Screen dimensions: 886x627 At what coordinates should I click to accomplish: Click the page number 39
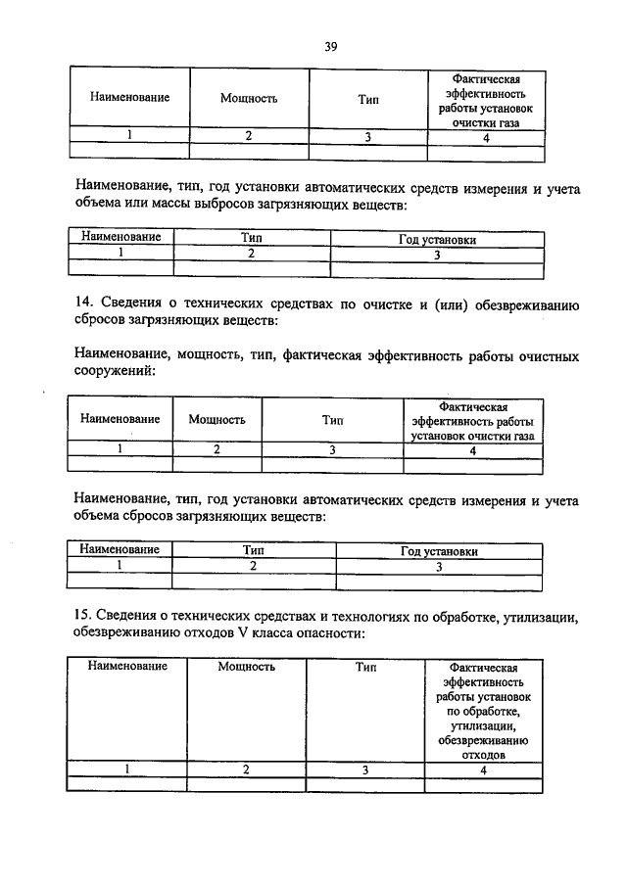[x=330, y=46]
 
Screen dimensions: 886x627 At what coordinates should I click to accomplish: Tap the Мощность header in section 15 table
[x=246, y=667]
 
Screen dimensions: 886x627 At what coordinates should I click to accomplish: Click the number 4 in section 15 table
[x=483, y=769]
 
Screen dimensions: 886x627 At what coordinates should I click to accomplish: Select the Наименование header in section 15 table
[x=127, y=667]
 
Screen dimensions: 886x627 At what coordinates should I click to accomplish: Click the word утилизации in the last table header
[x=483, y=725]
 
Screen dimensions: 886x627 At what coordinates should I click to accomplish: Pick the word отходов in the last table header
[x=483, y=756]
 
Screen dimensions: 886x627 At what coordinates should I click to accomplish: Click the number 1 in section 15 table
[x=126, y=769]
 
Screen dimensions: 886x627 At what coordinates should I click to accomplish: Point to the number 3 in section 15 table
[x=364, y=769]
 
